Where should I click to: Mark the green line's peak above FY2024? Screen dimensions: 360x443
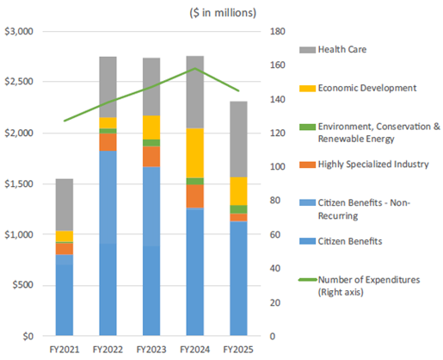coord(194,68)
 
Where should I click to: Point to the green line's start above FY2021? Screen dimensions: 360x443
coord(65,121)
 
